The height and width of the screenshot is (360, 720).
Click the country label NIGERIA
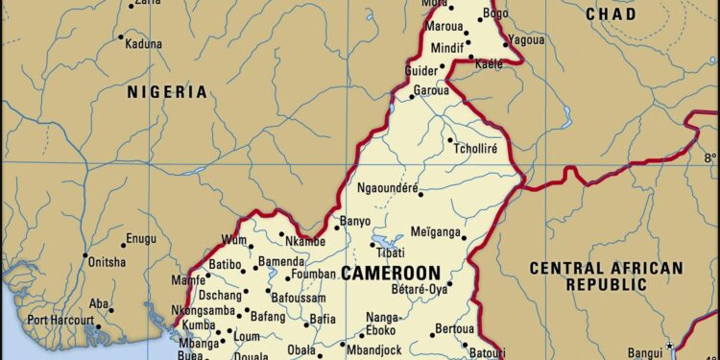167,92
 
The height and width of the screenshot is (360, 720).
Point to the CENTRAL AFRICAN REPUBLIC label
606,276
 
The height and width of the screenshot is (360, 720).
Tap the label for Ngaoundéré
388,188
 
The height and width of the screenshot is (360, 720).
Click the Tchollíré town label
482,148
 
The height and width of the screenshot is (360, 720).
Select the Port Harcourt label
60,320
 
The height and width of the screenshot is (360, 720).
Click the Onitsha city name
106,261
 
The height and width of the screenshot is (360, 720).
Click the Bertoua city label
455,328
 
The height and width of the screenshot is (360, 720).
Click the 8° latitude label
709,156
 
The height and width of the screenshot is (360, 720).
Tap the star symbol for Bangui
669,347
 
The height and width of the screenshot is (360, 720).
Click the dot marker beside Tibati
377,243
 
